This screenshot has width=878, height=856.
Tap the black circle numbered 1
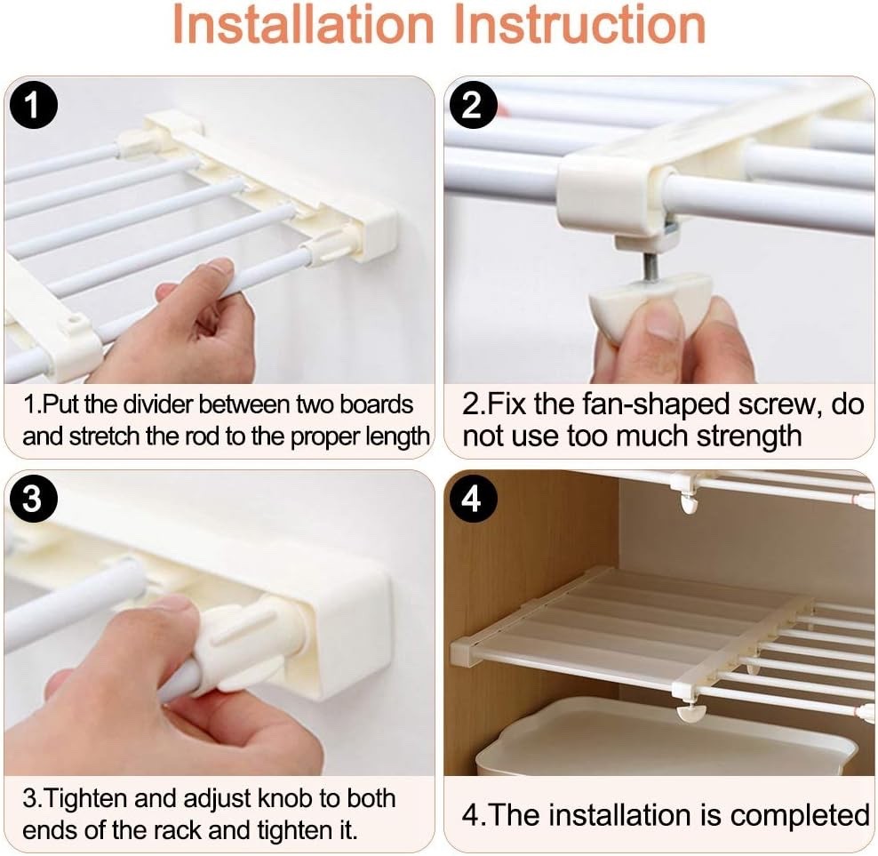point(33,107)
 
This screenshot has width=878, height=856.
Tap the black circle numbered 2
point(472,107)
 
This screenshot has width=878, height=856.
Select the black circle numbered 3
point(33,500)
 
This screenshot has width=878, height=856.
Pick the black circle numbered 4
point(472,500)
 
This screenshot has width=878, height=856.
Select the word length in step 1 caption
point(399,436)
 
